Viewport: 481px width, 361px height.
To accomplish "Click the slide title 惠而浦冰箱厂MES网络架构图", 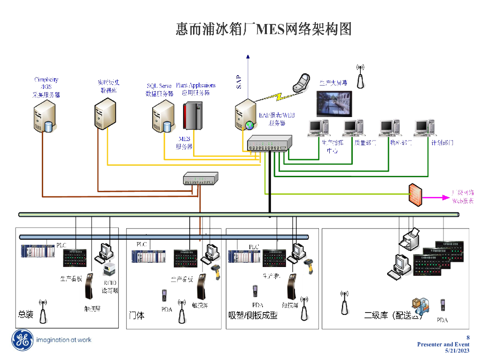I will click(x=264, y=29).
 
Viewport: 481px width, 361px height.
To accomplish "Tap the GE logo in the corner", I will click(x=22, y=340).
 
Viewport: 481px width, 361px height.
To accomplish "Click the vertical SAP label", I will click(x=239, y=82).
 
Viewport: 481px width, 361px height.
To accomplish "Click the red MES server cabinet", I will click(x=192, y=116).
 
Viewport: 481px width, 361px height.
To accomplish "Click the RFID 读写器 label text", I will click(x=110, y=287).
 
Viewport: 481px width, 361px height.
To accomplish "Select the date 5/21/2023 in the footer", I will click(x=457, y=351).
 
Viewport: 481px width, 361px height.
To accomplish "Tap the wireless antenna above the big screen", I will click(x=360, y=77).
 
